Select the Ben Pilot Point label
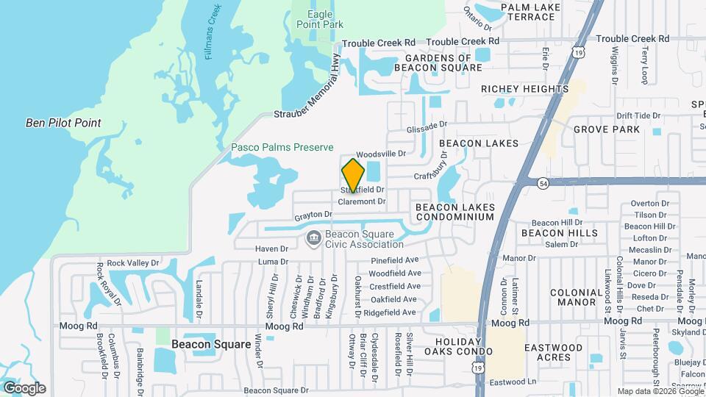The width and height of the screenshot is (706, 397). (x=63, y=123)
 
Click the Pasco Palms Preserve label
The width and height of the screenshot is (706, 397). (x=282, y=148)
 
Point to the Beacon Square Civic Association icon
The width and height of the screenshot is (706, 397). (x=313, y=238)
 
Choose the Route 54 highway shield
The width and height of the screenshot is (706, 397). (x=543, y=182)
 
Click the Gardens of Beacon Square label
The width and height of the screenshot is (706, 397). (x=438, y=62)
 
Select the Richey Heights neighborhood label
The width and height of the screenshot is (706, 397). (x=525, y=89)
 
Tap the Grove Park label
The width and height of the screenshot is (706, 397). (x=607, y=129)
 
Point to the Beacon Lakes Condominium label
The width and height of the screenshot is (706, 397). (x=454, y=212)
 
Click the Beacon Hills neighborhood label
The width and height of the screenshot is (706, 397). (x=560, y=233)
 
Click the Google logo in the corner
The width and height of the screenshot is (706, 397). (x=24, y=387)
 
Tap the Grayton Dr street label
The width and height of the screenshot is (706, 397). (x=313, y=215)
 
